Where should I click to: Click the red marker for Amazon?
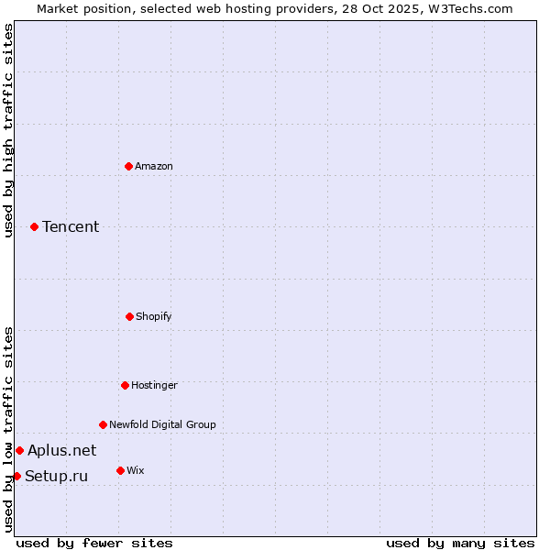click(128, 166)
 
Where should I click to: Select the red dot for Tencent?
click(34, 226)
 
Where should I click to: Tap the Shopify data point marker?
click(129, 316)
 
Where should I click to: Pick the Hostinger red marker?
click(125, 385)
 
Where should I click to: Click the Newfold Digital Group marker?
click(103, 424)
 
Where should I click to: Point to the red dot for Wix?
click(120, 470)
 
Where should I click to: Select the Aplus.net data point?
click(19, 450)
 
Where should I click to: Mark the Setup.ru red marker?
click(16, 476)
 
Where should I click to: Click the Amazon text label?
click(154, 166)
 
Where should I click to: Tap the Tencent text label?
click(71, 226)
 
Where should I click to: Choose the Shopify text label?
click(154, 316)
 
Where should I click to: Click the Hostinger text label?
click(154, 385)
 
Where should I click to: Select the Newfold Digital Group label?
click(162, 424)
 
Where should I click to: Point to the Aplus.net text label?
click(61, 450)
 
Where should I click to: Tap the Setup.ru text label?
click(56, 476)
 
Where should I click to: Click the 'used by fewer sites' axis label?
click(94, 543)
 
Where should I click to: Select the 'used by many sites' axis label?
click(460, 543)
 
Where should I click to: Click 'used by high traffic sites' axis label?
click(8, 130)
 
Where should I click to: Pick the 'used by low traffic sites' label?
click(8, 429)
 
